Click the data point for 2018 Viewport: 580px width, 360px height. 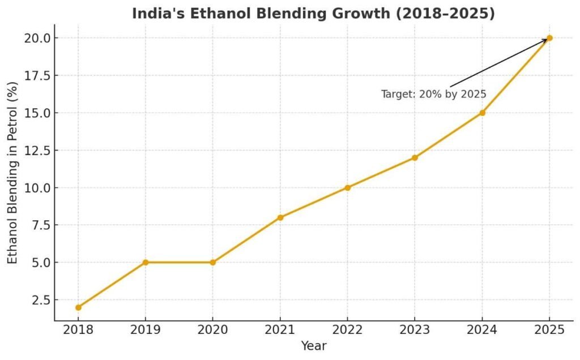pos(78,307)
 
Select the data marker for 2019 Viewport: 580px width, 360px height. pos(146,262)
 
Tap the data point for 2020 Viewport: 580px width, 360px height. pos(213,262)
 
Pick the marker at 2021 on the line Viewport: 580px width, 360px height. pos(280,217)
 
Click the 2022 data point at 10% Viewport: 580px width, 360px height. pos(347,187)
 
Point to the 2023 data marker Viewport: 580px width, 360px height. pos(415,157)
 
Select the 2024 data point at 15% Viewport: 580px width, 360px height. pos(482,113)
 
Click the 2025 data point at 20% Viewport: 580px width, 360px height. pos(549,38)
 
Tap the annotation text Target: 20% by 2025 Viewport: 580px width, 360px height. pos(433,95)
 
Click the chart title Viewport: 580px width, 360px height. pos(313,14)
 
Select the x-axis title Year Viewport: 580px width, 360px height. pos(313,345)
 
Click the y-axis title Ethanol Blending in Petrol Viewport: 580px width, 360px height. pos(12,173)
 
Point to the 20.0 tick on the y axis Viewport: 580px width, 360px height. pos(37,38)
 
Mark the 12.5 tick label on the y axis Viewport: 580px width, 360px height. pos(37,150)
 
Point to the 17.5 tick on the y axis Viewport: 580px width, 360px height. pos(37,75)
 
